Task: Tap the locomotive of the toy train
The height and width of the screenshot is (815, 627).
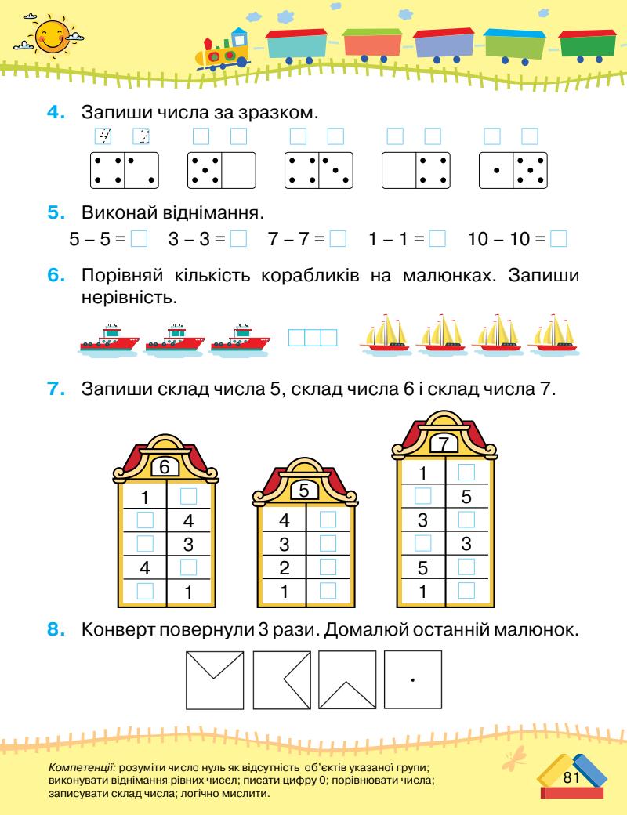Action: coord(223,50)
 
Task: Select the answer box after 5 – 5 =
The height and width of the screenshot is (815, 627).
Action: coord(140,237)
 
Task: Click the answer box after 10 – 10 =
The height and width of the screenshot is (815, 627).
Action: coord(558,237)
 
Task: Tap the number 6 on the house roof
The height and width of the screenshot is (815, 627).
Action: coord(165,467)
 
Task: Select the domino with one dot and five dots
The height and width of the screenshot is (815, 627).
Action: coord(513,169)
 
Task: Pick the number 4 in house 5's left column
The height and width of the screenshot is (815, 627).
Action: coord(285,519)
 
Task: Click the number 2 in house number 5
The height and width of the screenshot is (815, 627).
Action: coord(285,567)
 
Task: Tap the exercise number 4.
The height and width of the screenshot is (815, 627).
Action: coord(55,111)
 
